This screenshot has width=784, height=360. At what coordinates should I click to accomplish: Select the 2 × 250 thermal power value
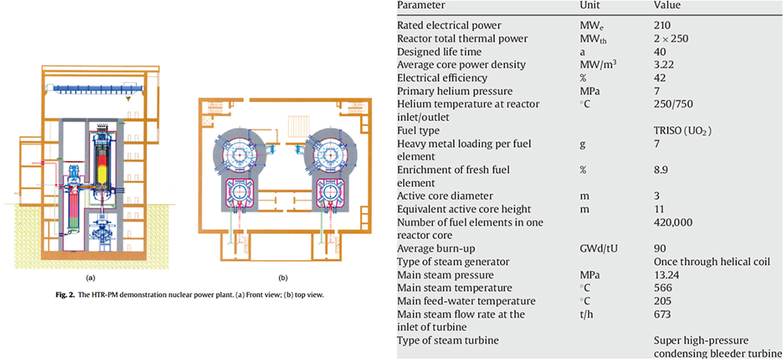(x=672, y=38)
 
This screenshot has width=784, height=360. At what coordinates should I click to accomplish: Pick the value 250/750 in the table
(x=672, y=103)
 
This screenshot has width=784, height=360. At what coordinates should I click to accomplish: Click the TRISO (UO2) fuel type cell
(x=683, y=130)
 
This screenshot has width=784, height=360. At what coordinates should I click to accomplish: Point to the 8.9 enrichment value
(x=660, y=170)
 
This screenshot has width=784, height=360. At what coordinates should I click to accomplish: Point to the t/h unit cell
(x=585, y=314)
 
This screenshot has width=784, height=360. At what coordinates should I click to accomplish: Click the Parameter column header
(x=417, y=5)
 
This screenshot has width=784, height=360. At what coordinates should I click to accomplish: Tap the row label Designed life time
(x=433, y=51)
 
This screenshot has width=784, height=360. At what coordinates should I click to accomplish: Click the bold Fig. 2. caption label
(x=66, y=296)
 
